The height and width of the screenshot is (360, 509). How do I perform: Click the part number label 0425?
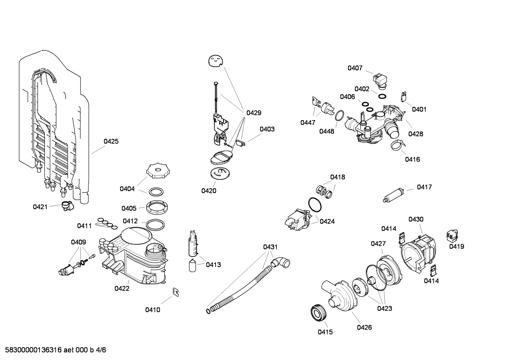tap(111, 141)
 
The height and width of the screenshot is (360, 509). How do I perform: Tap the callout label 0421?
tap(40, 207)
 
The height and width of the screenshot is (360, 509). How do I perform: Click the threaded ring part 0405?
tap(156, 207)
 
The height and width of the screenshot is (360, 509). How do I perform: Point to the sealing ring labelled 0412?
tap(155, 224)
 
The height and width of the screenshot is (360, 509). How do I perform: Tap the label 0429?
tap(253, 113)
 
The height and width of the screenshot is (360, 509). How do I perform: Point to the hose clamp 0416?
tap(398, 145)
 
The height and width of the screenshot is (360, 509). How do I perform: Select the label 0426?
tap(364, 327)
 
